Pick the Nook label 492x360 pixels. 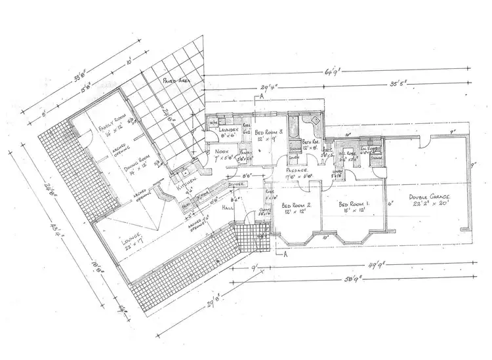(x=221, y=152)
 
